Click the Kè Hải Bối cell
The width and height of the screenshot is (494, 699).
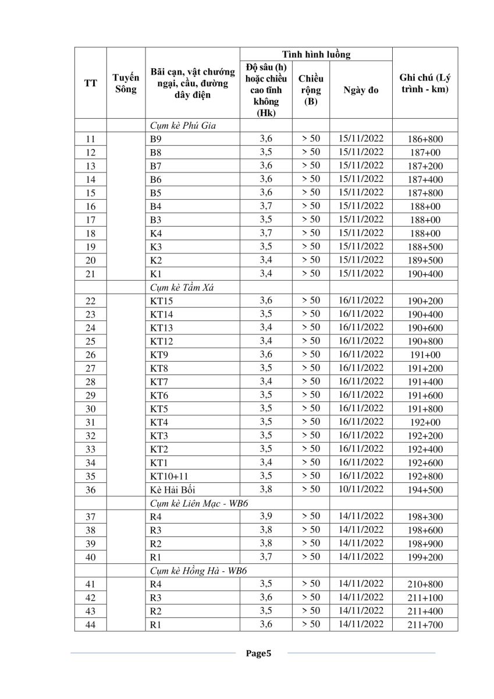[x=173, y=490]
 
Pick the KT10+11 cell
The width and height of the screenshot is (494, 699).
[x=169, y=476]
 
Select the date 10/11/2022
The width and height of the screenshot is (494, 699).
[x=361, y=489]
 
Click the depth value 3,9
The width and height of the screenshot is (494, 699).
[x=266, y=517]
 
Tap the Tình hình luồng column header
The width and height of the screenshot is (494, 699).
[x=316, y=55]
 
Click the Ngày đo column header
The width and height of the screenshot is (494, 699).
[x=361, y=90]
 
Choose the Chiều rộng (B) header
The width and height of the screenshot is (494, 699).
[x=311, y=90]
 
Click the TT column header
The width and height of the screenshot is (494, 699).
[x=90, y=83]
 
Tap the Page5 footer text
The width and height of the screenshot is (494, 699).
[x=258, y=653]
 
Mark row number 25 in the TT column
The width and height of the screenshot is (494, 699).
[x=90, y=341]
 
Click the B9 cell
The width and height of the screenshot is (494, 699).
[x=155, y=139]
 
